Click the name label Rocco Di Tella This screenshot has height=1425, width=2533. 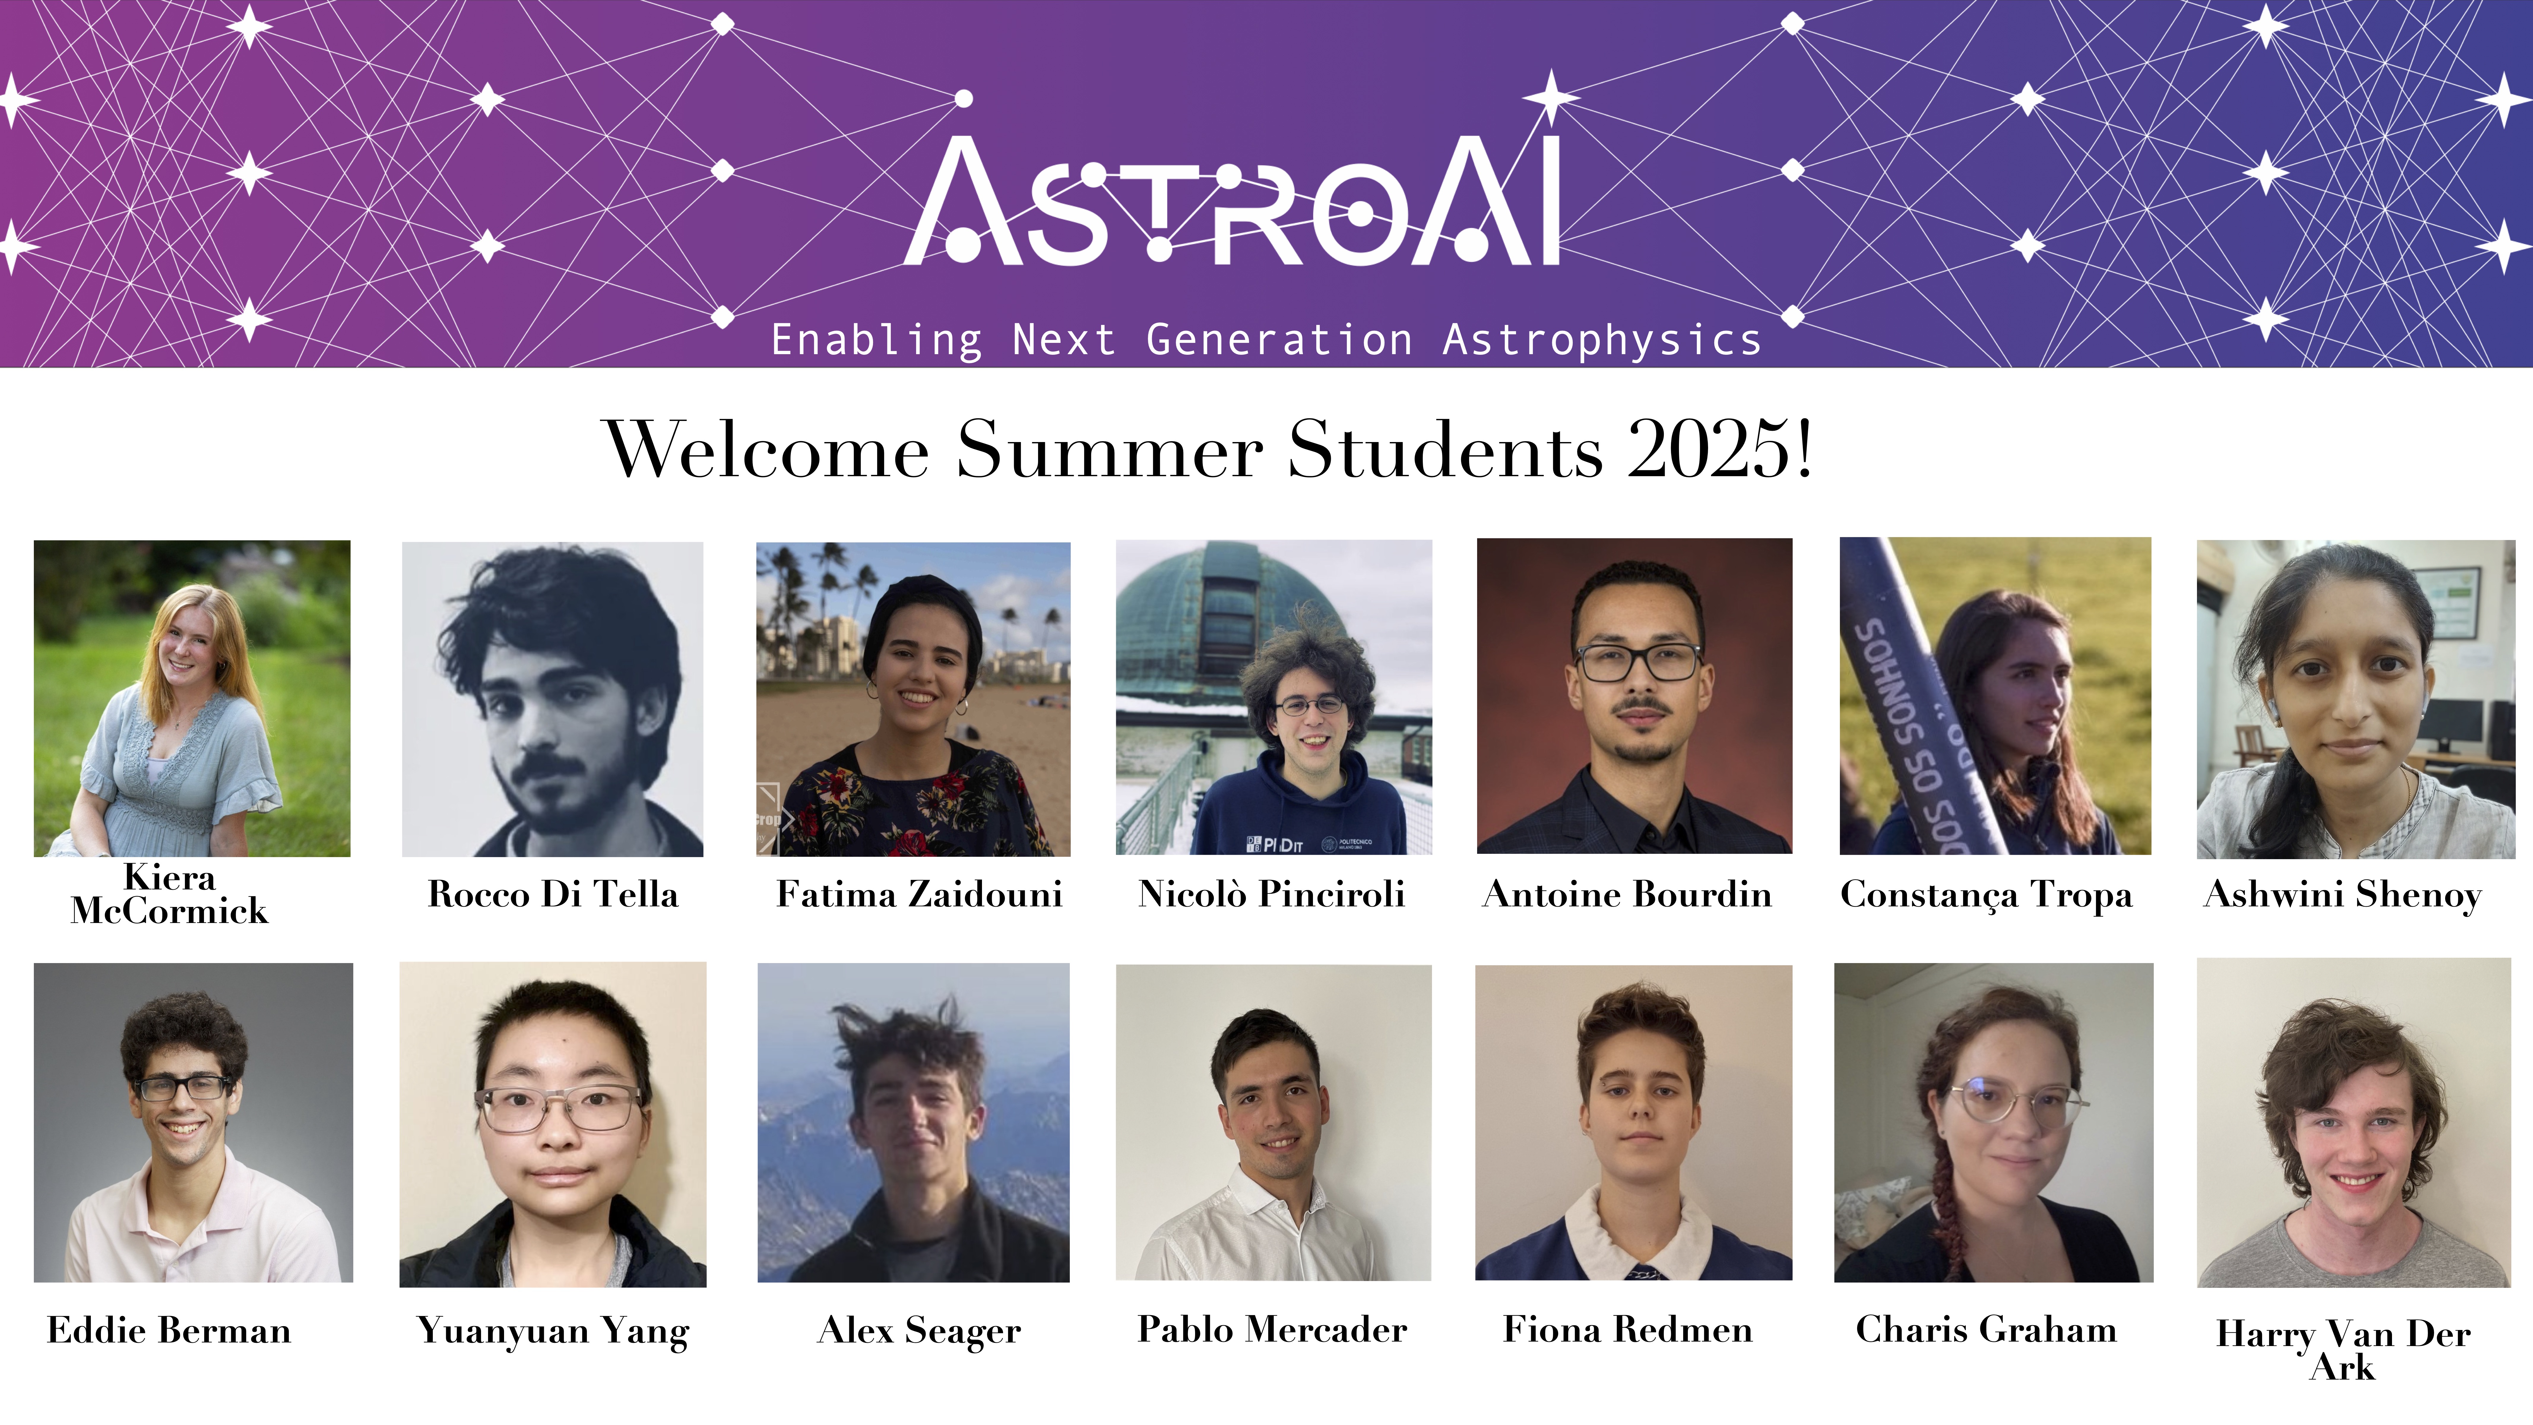(x=553, y=894)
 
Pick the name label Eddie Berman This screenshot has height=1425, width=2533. (x=169, y=1331)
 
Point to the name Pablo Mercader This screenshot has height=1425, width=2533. (x=1272, y=1330)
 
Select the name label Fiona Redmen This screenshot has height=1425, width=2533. (x=1627, y=1330)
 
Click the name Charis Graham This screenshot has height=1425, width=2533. (x=1986, y=1330)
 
